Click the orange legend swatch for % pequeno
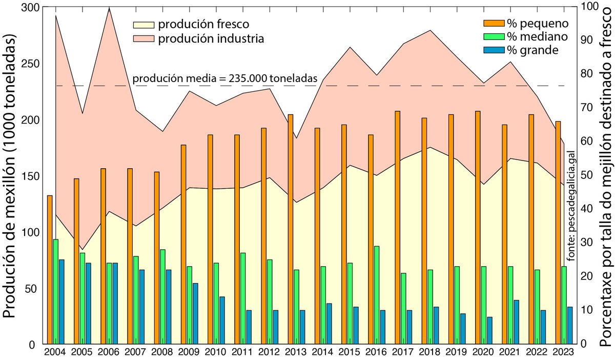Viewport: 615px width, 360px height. (493, 23)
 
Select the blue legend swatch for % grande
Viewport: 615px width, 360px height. (493, 50)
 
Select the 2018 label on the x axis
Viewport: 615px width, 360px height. (426, 352)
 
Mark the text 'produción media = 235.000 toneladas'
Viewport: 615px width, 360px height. (224, 78)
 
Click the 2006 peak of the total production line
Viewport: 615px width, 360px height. (109, 8)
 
